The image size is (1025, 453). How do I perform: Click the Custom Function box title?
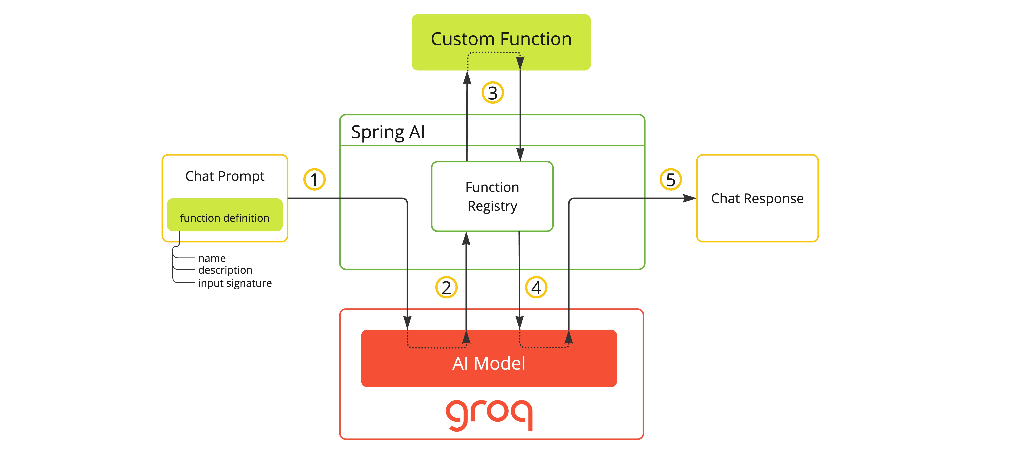[x=501, y=39]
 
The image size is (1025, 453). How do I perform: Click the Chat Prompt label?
[x=225, y=176]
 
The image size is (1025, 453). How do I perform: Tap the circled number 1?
[x=314, y=179]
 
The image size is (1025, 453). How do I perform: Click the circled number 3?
[x=493, y=93]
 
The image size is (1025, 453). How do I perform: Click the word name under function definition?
[x=212, y=258]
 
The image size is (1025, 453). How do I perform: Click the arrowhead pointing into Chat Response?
[x=690, y=198]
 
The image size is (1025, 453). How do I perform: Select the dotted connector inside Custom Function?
[x=493, y=52]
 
